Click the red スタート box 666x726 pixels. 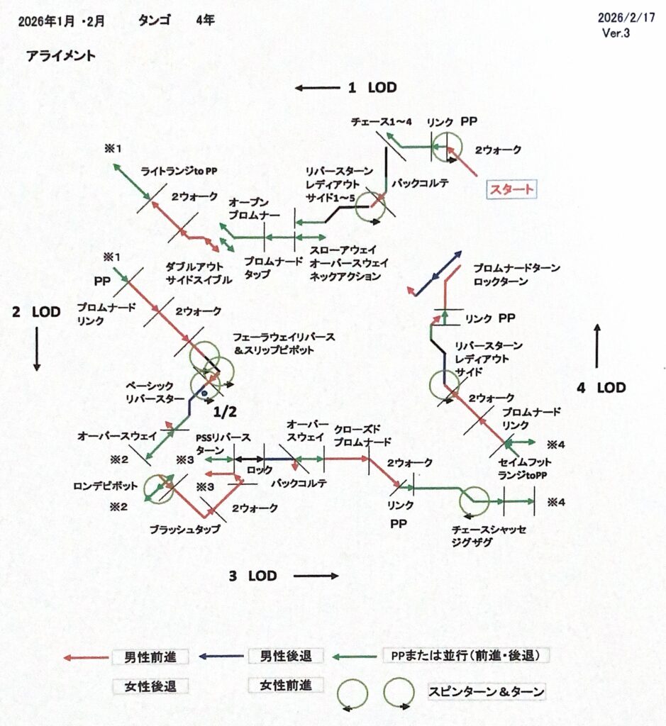point(510,189)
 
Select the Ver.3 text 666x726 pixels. point(616,33)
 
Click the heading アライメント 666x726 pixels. point(60,56)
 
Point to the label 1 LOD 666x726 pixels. point(372,88)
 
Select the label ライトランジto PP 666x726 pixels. point(179,171)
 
